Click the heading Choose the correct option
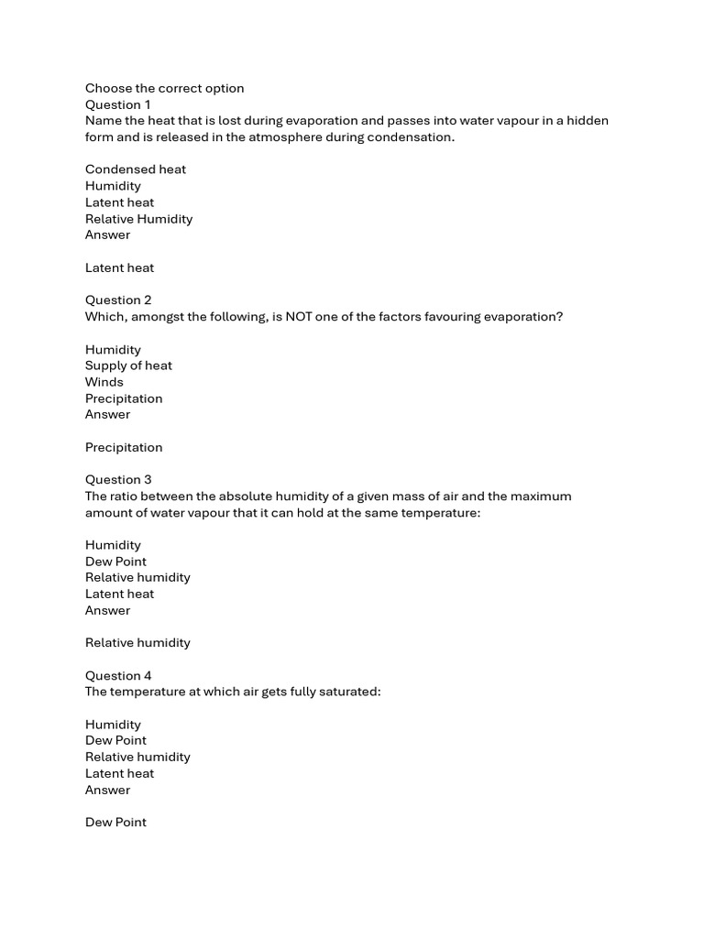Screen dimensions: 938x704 pyautogui.click(x=165, y=89)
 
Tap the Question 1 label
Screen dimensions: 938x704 pyautogui.click(x=118, y=104)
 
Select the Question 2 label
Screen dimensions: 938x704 pyautogui.click(x=118, y=300)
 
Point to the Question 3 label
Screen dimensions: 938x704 pyautogui.click(x=118, y=480)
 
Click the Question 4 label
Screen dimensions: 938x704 pyautogui.click(x=118, y=676)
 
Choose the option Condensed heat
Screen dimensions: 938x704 pyautogui.click(x=136, y=169)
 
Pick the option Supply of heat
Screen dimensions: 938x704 pyautogui.click(x=128, y=365)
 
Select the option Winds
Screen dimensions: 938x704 pyautogui.click(x=104, y=382)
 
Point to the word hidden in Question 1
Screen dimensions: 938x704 pyautogui.click(x=588, y=121)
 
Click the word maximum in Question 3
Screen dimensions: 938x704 pyautogui.click(x=541, y=496)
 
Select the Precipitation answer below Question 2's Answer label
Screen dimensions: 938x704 pyautogui.click(x=124, y=448)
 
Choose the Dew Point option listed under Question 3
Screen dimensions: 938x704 pyautogui.click(x=115, y=562)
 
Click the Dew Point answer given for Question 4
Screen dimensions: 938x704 pyautogui.click(x=115, y=823)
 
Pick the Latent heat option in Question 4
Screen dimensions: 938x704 pyautogui.click(x=120, y=774)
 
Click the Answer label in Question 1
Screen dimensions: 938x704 pyautogui.click(x=108, y=235)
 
